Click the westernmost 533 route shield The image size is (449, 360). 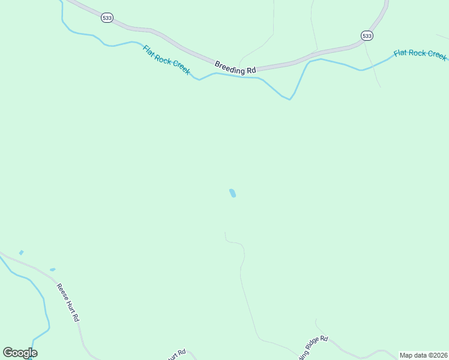tap(107, 19)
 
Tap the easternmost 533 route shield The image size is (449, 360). tap(367, 36)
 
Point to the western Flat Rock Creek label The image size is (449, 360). tap(166, 60)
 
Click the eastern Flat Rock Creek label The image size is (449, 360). tap(420, 54)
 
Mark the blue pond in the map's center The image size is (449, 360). tap(232, 193)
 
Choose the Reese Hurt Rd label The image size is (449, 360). tap(68, 303)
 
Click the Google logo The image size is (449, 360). tap(20, 353)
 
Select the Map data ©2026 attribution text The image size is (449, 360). tap(423, 355)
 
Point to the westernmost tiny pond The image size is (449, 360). tap(21, 253)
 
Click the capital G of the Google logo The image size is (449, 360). tap(8, 353)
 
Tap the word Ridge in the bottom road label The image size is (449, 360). tap(311, 349)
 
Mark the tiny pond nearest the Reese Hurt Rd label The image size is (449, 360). tap(53, 269)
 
